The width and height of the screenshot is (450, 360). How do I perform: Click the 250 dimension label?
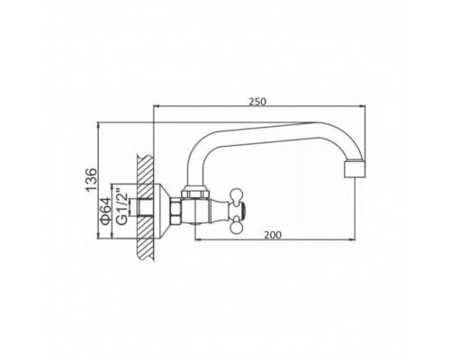tap(257, 102)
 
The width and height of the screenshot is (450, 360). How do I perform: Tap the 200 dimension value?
tap(273, 235)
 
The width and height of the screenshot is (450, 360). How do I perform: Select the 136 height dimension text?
tap(91, 180)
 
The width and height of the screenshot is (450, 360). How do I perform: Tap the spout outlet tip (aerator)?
tap(355, 168)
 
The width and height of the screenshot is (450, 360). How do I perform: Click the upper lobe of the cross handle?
tap(237, 193)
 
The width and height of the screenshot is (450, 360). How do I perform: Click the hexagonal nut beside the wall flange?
tap(176, 211)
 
